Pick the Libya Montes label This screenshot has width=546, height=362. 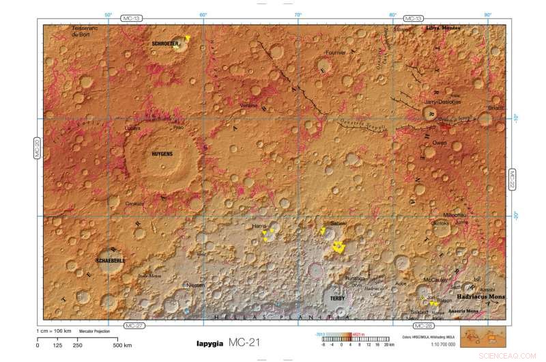click(443, 28)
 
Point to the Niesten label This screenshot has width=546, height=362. click(195, 284)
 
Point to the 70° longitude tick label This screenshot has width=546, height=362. click(298, 14)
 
